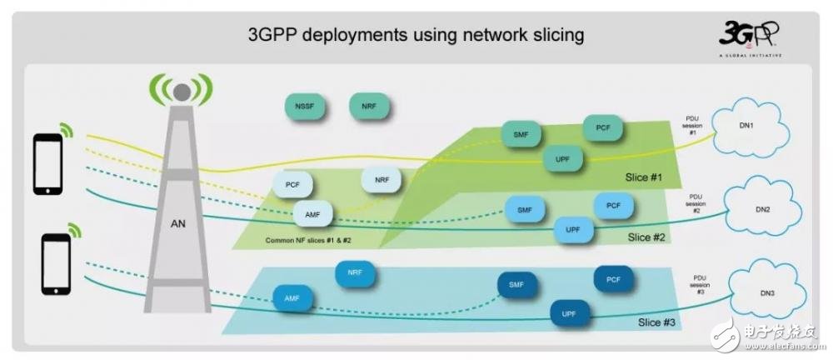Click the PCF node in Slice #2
613,205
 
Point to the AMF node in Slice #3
292,297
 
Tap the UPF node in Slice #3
570,314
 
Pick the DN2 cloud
761,210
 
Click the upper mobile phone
47,162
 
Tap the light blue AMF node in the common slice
313,215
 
